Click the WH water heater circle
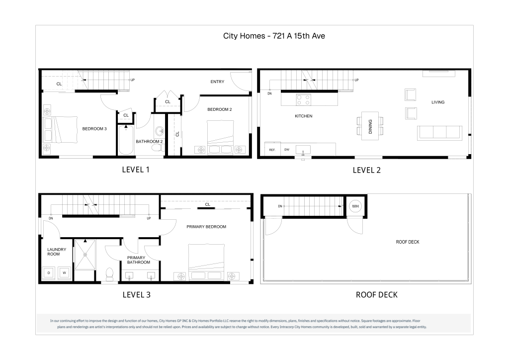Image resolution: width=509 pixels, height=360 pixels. pos(355,206)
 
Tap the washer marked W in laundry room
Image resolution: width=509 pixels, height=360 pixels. pos(64,272)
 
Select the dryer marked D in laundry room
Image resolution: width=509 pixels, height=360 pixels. pos(49,272)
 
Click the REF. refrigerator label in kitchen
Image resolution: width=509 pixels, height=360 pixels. pos(272,150)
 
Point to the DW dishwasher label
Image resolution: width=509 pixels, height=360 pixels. pos(287,150)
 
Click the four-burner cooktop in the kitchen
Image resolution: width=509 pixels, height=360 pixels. pos(304,99)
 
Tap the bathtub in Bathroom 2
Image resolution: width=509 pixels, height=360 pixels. pos(126,140)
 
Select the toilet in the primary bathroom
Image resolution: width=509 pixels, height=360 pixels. pos(110,274)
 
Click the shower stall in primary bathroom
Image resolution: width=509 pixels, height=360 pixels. pos(85,255)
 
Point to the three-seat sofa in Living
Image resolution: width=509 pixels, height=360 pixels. pos(439,133)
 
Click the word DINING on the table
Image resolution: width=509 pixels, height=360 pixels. pos(370,127)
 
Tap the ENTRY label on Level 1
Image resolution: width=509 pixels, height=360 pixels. pos(217,82)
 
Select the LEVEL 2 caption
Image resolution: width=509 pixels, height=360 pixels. pos(366,170)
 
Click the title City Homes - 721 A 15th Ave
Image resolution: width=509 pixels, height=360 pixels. pos(274,36)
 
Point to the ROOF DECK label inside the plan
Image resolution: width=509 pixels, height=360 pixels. pos(408,242)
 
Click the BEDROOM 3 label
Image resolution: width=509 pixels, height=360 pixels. pos(94,129)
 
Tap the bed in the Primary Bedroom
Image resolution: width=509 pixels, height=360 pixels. pos(206,262)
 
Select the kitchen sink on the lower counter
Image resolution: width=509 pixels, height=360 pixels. pos(303,150)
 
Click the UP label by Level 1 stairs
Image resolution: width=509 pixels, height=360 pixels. pos(132,80)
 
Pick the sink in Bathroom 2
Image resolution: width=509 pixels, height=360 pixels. pos(160,131)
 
